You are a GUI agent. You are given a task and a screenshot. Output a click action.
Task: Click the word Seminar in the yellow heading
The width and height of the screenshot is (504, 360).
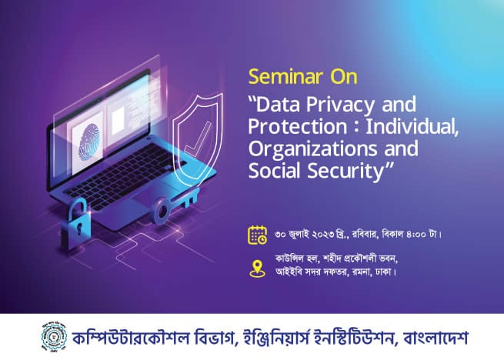tap(285, 77)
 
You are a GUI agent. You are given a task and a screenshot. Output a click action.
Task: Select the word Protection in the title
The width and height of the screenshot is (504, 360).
tap(298, 127)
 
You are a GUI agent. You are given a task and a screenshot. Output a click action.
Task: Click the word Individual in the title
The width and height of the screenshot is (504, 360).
tap(412, 127)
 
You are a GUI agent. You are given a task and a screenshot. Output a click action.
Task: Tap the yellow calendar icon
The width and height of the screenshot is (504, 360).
tap(258, 235)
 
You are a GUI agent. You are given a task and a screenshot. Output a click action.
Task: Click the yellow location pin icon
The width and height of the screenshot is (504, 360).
tap(258, 268)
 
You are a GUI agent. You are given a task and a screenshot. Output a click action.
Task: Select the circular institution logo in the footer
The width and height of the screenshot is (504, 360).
tap(55, 336)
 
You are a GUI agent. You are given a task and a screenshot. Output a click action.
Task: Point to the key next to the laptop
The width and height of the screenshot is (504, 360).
tap(176, 205)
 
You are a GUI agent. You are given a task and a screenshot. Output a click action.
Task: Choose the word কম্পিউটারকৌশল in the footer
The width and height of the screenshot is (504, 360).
tap(131, 338)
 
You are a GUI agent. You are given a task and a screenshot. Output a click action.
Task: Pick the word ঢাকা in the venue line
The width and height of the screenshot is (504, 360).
tap(383, 272)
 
